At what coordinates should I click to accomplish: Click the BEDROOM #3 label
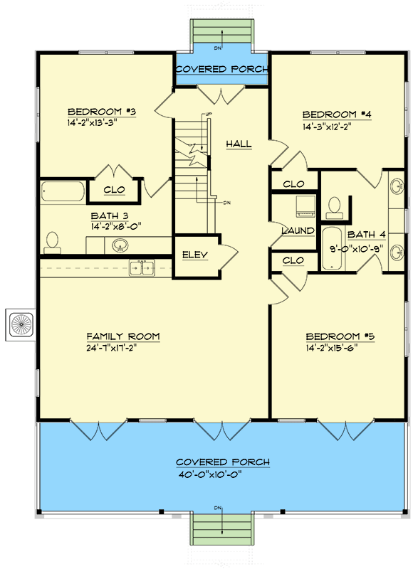[x=102, y=112]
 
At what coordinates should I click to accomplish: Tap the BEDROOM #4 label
[x=338, y=115]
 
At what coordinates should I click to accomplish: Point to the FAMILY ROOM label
[x=123, y=336]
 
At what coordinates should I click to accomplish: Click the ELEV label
[x=194, y=255]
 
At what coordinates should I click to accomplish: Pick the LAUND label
[x=293, y=231]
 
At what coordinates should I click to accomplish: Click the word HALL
[x=239, y=144]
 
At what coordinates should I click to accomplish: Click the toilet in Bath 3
[x=51, y=243]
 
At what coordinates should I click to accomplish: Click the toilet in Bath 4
[x=333, y=206]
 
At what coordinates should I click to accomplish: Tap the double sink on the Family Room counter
[x=141, y=267]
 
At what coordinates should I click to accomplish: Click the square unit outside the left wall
[x=20, y=325]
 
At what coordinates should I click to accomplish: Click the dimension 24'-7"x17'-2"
[x=123, y=349]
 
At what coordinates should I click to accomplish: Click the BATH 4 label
[x=366, y=233]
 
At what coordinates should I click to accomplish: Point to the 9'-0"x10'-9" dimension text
[x=366, y=251]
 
